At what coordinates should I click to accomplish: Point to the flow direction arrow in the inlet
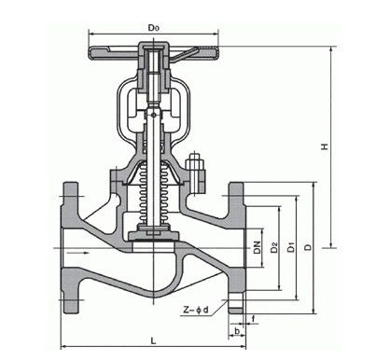82,250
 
